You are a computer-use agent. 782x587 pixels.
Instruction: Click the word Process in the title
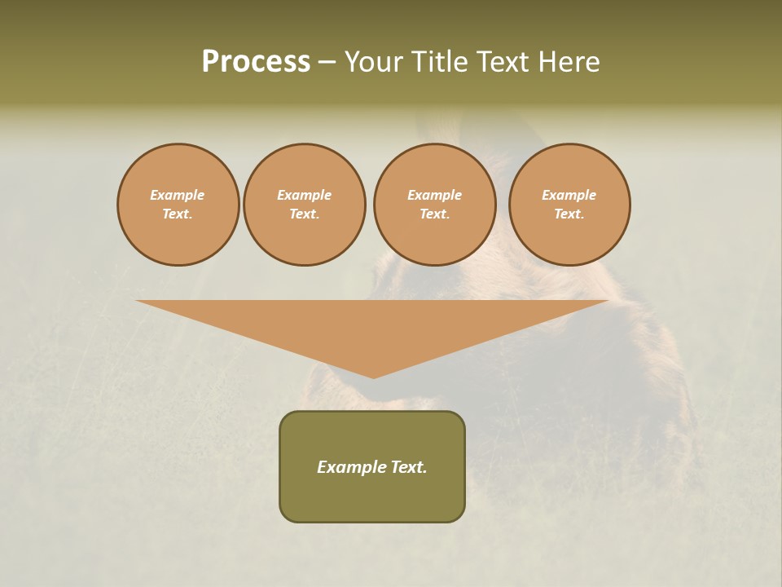coord(256,62)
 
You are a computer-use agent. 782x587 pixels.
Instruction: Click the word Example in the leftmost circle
coord(178,195)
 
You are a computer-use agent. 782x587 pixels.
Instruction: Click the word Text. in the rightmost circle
coord(569,214)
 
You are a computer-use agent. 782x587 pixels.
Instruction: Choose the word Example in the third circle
coord(434,195)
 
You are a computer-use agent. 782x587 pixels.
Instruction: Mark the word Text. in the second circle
coord(305,214)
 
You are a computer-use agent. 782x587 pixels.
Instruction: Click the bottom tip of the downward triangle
coord(373,376)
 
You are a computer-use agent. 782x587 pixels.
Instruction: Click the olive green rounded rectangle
coord(372,497)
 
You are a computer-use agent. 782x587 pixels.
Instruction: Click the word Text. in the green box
coord(409,467)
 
